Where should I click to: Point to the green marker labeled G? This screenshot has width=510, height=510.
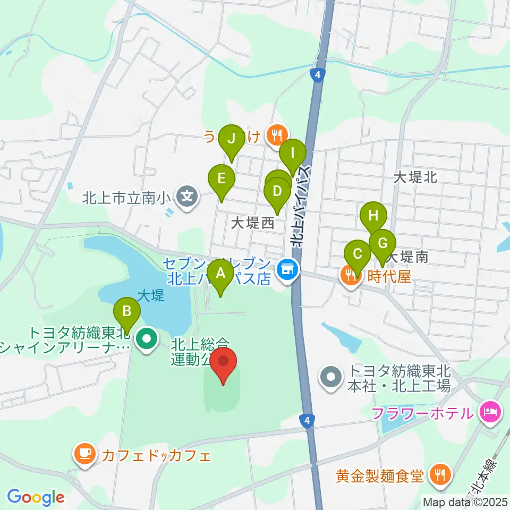coord(382,243)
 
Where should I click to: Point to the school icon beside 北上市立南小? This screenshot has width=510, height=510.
coord(188,198)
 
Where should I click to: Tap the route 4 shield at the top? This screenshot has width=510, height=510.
coord(317,75)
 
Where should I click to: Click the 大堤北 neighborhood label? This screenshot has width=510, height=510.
coord(415,177)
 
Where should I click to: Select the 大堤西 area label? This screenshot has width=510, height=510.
coord(252,223)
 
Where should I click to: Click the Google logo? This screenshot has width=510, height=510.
coord(36,497)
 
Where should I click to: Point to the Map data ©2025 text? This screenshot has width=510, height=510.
coord(466,501)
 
